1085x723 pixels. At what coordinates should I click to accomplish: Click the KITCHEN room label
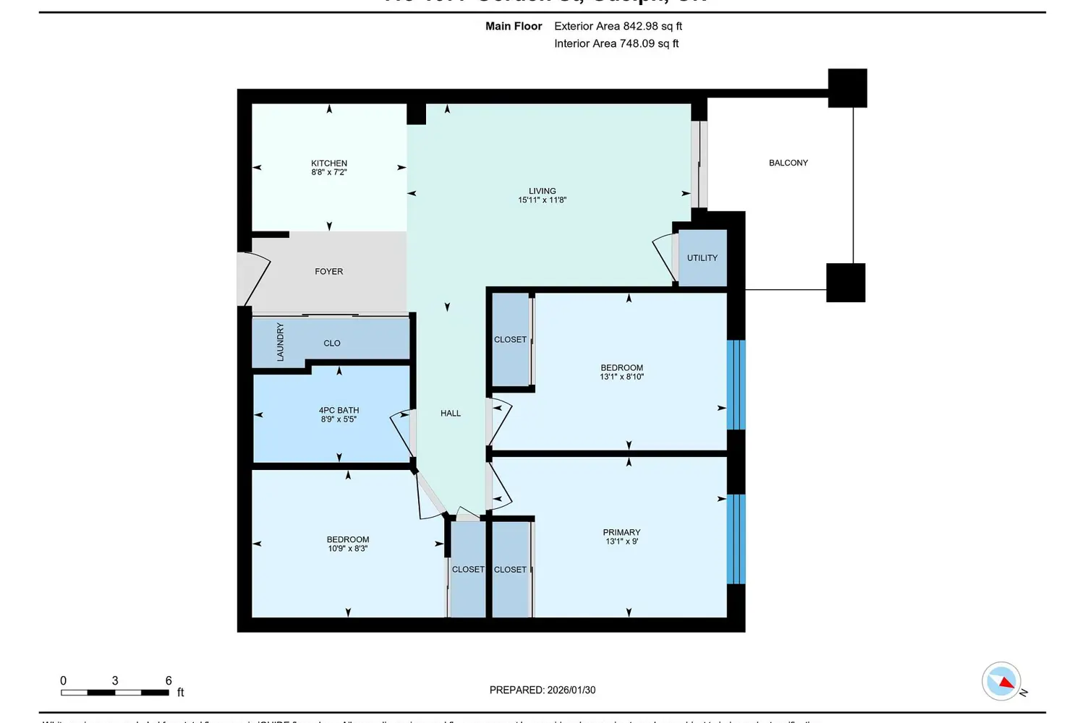[329, 163]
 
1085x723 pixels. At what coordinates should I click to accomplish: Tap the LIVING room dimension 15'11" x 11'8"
[542, 200]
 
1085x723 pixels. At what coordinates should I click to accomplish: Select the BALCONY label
[788, 163]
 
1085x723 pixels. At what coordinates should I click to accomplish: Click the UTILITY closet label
[702, 258]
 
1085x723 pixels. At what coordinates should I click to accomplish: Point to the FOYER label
[329, 272]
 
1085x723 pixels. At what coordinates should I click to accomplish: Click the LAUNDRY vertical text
[280, 342]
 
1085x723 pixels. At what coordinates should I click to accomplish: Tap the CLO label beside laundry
[332, 343]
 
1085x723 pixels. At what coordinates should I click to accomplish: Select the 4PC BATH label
[339, 410]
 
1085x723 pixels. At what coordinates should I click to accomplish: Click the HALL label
[451, 414]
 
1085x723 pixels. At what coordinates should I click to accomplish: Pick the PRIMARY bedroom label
[621, 532]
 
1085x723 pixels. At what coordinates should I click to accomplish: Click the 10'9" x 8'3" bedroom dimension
[348, 549]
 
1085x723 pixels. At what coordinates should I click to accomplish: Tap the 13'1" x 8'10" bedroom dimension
[621, 377]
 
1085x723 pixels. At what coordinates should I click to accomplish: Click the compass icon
[1002, 681]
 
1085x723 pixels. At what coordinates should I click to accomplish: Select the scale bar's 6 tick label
[169, 680]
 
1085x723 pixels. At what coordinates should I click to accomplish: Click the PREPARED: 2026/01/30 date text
[542, 690]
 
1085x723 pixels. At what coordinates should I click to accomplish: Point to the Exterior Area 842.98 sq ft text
[618, 26]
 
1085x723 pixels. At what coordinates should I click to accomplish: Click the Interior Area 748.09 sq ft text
[616, 43]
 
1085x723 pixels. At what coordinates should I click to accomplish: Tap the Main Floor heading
[514, 26]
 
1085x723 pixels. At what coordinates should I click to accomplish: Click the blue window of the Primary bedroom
[736, 539]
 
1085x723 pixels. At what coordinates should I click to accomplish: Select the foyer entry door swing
[253, 279]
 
